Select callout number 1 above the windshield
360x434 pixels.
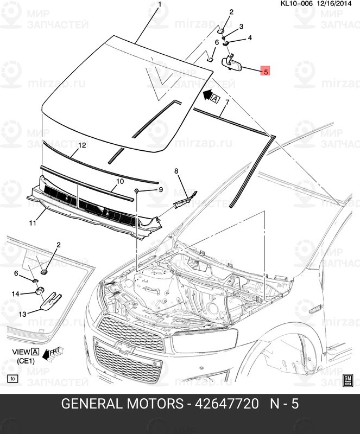[x=160, y=5]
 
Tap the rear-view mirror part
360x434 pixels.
[x=232, y=63]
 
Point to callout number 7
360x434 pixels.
[x=227, y=102]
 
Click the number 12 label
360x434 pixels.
[x=82, y=145]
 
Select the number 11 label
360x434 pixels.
[x=32, y=222]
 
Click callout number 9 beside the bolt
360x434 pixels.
[x=160, y=189]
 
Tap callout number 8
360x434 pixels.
[x=176, y=171]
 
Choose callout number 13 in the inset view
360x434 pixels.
[x=22, y=314]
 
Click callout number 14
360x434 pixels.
[x=16, y=293]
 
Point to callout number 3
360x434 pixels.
[x=241, y=26]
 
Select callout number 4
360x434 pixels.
[x=250, y=38]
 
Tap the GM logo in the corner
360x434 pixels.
[x=348, y=379]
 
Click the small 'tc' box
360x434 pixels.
[x=11, y=378]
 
